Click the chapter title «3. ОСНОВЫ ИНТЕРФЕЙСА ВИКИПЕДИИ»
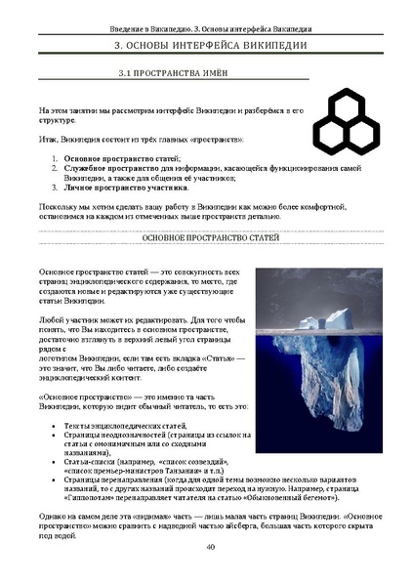tap(206, 44)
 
